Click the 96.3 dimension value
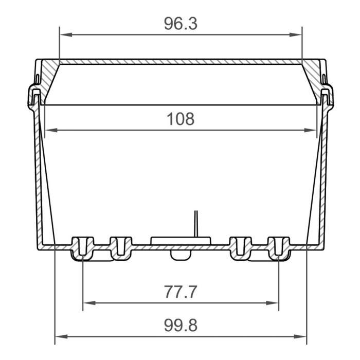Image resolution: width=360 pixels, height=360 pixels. point(181,24)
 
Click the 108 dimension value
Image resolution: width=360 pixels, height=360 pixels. point(181,119)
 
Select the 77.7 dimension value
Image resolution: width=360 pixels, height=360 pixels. point(181,292)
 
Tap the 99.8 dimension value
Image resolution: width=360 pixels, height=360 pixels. point(181,326)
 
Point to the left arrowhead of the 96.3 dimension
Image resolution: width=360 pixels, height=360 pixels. point(66,35)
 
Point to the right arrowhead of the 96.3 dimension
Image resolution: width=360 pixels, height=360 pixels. point(296,35)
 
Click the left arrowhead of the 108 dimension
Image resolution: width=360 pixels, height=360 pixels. point(51,131)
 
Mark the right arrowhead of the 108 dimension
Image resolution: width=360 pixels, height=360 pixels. point(311,131)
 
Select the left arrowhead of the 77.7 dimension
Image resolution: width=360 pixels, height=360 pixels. point(89,303)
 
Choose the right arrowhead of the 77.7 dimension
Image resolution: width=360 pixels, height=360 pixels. point(272,303)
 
